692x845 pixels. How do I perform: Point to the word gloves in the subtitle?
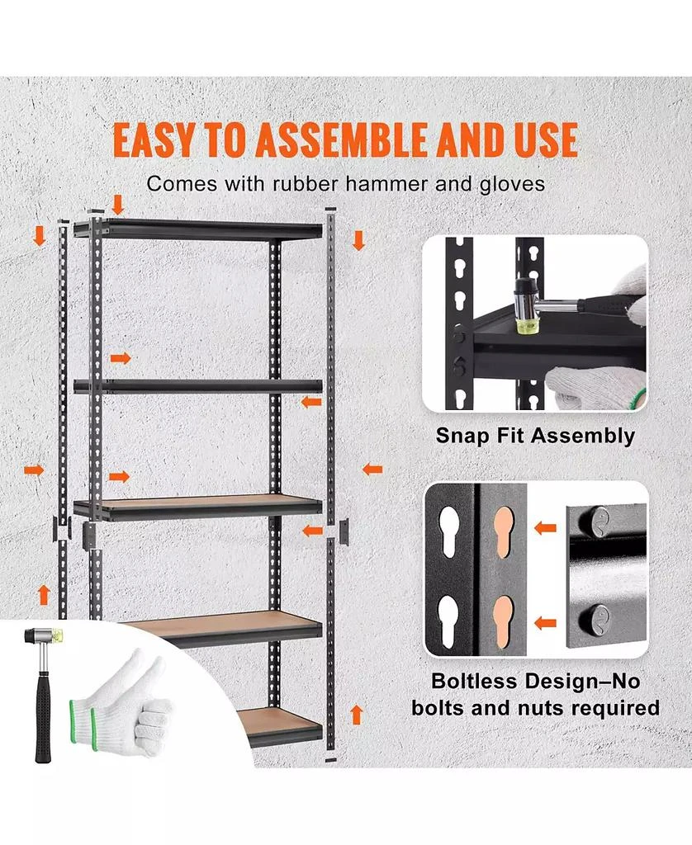point(513,183)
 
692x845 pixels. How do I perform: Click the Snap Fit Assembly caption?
point(535,436)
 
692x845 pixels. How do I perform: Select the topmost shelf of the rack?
point(198,229)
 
